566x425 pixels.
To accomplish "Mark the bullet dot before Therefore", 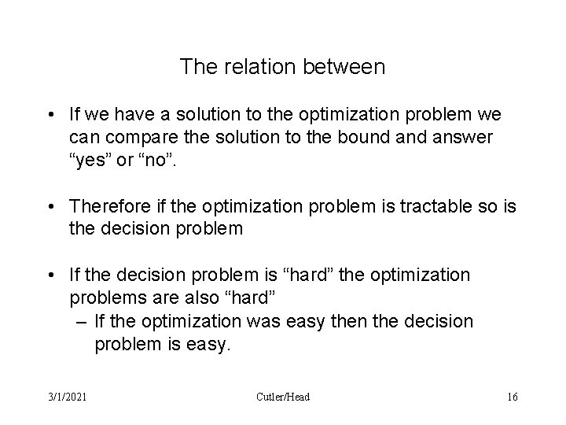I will (50, 206).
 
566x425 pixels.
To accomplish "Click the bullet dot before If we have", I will (50, 115).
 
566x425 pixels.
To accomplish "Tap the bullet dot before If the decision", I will (50, 277).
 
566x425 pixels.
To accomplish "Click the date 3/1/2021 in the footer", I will (65, 397).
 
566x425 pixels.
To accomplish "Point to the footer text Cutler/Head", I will (283, 397).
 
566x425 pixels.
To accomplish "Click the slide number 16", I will (513, 397).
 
